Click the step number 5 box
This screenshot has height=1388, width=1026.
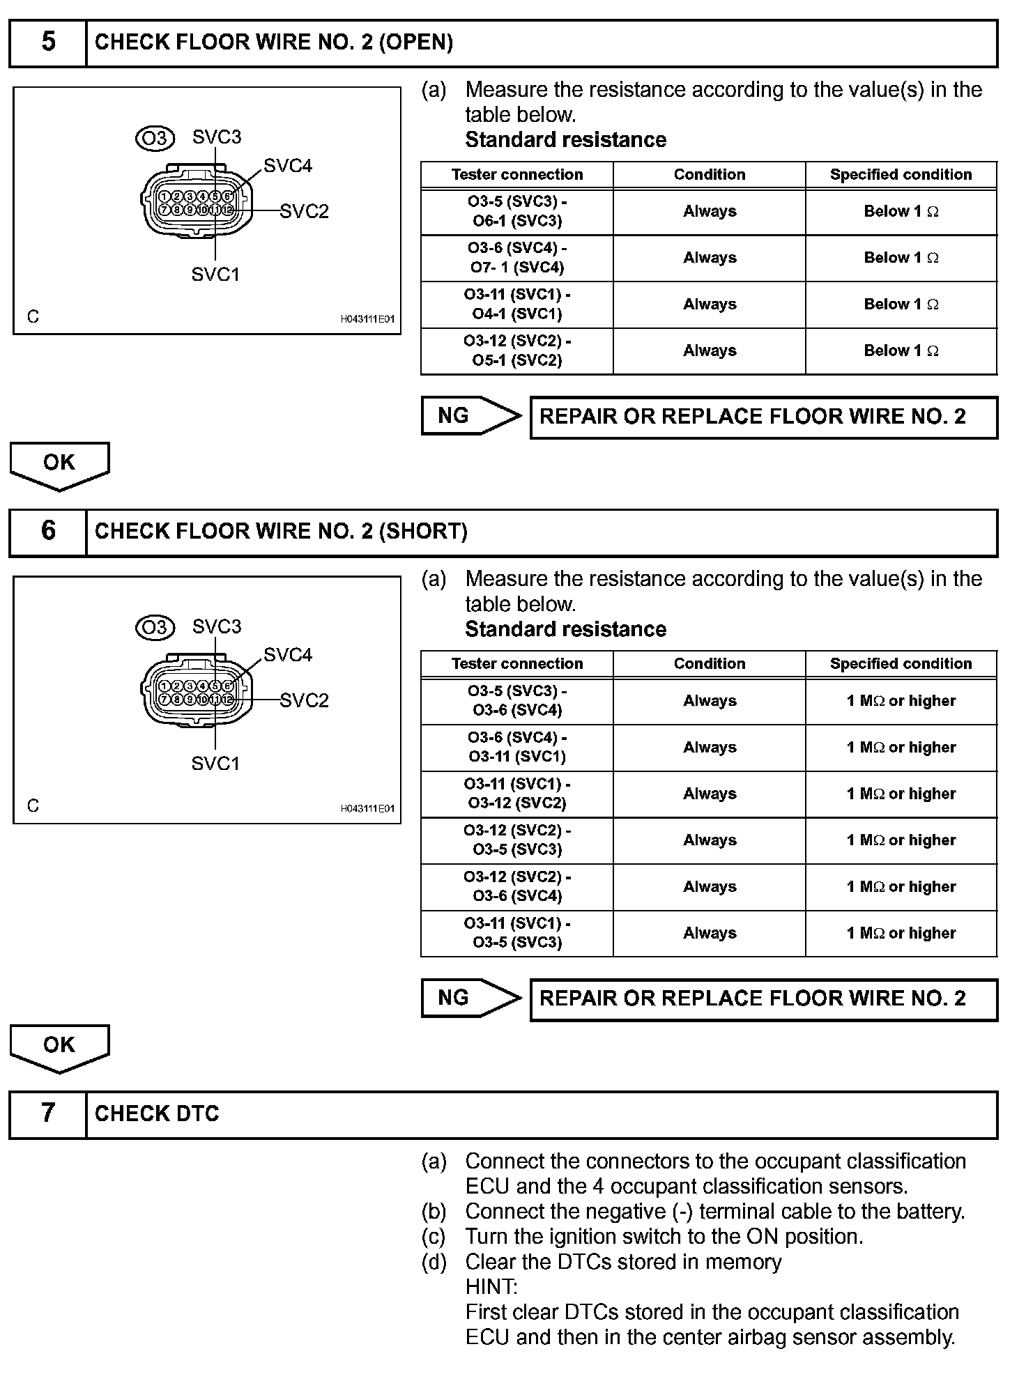pos(47,42)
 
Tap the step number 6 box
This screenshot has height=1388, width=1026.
pos(47,531)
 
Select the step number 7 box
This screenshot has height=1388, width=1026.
pos(47,1113)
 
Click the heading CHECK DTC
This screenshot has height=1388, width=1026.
pos(157,1113)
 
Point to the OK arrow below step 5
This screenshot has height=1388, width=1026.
pos(59,465)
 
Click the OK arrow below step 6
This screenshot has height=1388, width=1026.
pos(59,1047)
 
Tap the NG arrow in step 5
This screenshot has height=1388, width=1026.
pos(470,416)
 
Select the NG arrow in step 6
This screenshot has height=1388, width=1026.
pos(470,998)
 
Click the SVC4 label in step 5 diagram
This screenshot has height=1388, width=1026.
pos(288,166)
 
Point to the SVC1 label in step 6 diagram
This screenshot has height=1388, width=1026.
pos(215,764)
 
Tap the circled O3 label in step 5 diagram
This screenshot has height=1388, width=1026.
pos(155,138)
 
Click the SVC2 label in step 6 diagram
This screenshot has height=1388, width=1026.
pos(304,700)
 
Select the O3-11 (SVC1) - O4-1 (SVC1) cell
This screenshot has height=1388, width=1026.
pos(517,304)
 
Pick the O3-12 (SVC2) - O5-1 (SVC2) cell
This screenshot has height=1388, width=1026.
pos(517,350)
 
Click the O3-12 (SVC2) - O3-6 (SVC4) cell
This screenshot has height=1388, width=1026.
pos(517,886)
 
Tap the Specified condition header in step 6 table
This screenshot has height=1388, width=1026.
pos(901,663)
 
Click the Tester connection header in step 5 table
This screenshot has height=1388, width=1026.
pos(517,174)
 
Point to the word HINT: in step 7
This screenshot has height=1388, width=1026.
pos(491,1286)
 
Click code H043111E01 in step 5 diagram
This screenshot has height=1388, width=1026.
pos(367,319)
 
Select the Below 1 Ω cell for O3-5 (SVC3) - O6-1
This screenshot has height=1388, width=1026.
pos(901,211)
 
